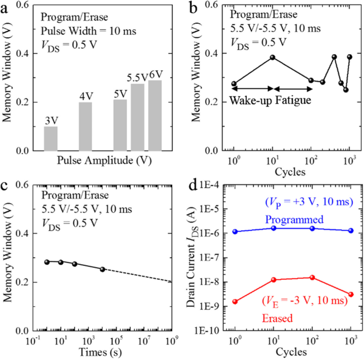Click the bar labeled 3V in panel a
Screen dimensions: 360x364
(50, 138)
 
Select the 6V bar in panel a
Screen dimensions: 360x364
(155, 115)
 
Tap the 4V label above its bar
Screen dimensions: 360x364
(86, 96)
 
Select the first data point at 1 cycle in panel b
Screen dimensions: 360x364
(234, 83)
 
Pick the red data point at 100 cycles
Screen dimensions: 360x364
(312, 278)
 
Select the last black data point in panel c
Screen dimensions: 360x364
(103, 269)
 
